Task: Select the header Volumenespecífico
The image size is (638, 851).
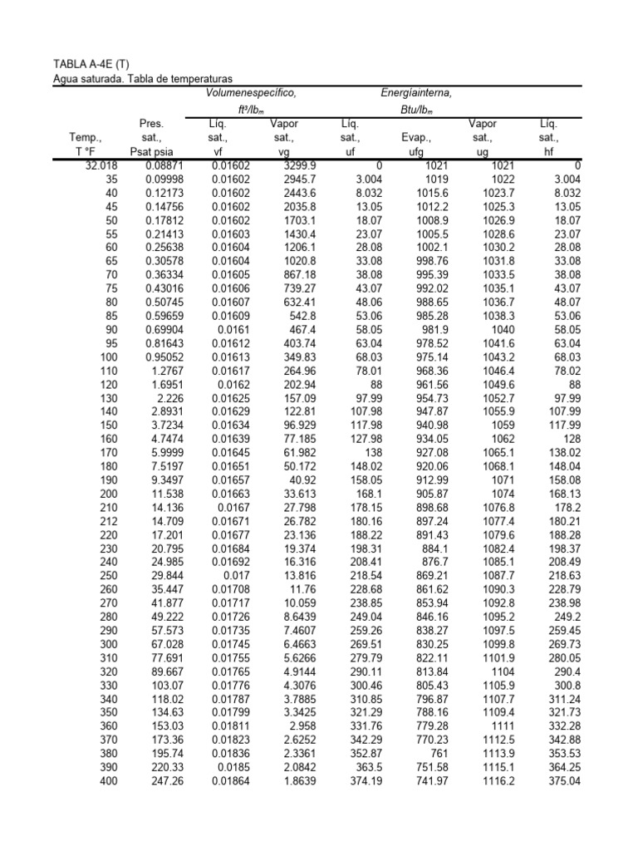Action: [x=251, y=93]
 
